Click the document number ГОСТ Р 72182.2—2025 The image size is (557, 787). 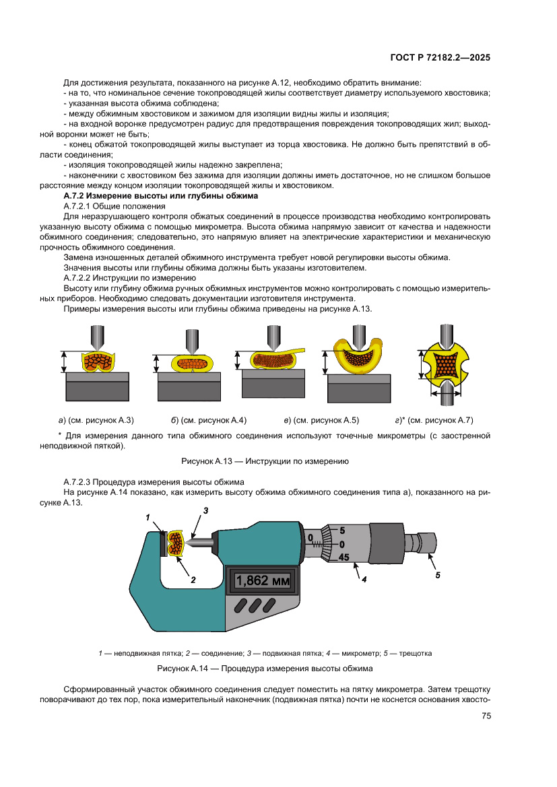440,57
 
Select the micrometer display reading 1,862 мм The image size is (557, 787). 262,580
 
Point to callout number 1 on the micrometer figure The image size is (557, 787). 147,517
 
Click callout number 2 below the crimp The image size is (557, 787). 193,578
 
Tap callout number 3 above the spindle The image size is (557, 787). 205,511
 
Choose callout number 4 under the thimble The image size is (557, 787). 364,579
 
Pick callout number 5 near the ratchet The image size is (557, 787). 437,576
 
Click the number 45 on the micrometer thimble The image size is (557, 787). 343,557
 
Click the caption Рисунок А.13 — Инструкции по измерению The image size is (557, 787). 265,461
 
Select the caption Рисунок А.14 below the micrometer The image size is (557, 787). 265,669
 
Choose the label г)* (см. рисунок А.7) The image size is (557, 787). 434,420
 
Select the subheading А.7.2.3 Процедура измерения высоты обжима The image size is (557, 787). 154,481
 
